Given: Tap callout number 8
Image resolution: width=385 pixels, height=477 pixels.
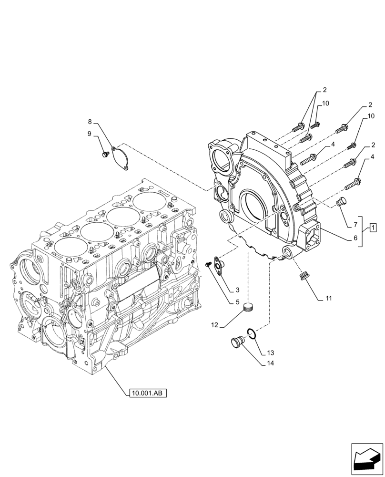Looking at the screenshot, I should tap(90, 122).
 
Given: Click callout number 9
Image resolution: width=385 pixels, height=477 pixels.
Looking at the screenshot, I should tap(90, 134).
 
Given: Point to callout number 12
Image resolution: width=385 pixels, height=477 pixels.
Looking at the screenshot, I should tap(215, 325).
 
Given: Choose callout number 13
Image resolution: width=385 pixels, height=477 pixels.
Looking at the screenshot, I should tap(271, 353).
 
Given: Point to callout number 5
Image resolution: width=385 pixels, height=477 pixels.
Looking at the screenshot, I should tap(236, 301).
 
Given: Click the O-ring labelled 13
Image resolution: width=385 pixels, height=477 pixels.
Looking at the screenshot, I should tap(253, 334).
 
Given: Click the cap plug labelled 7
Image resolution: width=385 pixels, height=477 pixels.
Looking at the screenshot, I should tap(341, 203).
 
